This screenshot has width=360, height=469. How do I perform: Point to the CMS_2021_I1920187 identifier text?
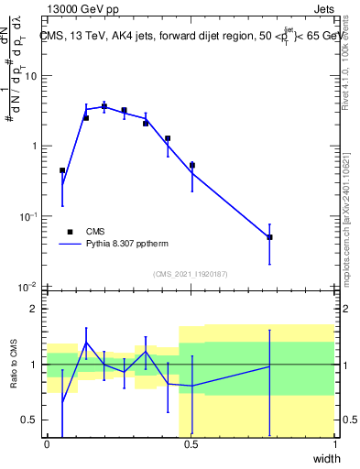pos(190,274)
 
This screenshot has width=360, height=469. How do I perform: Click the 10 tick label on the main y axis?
pos(31,76)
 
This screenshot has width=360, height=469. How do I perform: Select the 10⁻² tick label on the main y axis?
pos(29,287)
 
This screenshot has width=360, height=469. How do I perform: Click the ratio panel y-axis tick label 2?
pos(36,309)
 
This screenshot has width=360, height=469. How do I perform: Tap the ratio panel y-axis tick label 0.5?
pos(32,420)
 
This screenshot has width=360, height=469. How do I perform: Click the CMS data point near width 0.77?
pos(269,237)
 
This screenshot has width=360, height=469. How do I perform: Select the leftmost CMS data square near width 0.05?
pos(62,170)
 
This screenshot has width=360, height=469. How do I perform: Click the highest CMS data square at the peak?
pos(104,107)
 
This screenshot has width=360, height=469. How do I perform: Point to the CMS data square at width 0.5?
pos(191,166)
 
